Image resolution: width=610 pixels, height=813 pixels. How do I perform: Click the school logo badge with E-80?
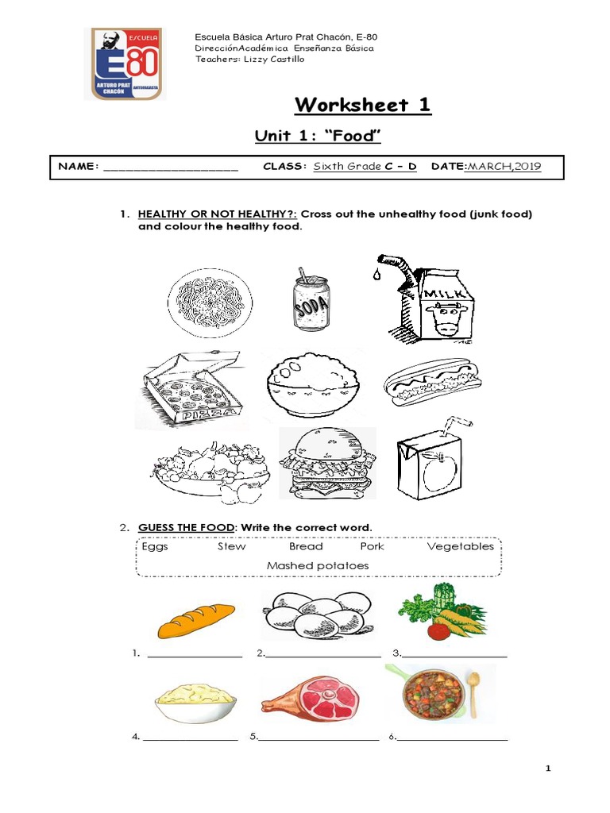coord(126,64)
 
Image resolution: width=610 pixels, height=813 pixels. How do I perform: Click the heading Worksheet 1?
coord(363,105)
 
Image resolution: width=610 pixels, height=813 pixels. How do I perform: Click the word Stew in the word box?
coord(231,546)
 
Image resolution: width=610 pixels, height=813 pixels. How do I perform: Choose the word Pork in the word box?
coord(371,546)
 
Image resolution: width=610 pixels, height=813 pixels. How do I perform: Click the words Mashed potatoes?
coord(318,565)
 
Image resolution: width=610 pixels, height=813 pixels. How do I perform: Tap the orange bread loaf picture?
coord(196,620)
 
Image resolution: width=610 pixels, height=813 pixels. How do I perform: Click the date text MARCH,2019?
coord(504,166)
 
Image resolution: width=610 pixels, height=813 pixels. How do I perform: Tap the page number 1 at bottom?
coord(547,769)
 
